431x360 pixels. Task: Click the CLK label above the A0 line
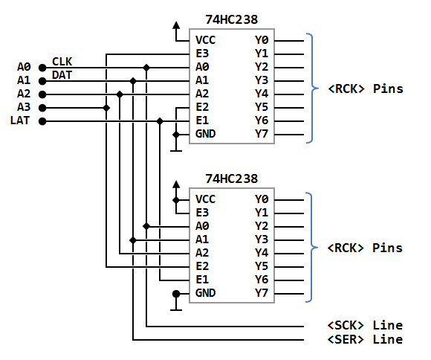(62, 62)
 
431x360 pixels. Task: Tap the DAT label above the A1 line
(62, 75)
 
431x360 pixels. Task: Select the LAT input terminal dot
(42, 121)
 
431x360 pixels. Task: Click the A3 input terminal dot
(42, 108)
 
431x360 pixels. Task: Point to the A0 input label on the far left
(24, 67)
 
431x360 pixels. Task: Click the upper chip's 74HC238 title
(231, 19)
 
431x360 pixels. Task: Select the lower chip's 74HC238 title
(231, 179)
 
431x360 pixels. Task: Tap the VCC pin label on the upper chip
(205, 40)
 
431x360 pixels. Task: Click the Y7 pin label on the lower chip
(262, 293)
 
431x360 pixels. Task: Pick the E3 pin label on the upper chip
(202, 54)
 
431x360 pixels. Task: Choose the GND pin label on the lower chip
(205, 293)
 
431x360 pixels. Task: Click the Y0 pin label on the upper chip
(262, 40)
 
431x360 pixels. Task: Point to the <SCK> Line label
(365, 325)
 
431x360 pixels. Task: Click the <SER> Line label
(365, 339)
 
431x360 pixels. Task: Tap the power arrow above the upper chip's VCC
(176, 31)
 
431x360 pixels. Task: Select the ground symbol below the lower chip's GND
(176, 302)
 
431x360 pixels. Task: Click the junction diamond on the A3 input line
(106, 108)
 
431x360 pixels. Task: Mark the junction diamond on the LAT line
(160, 121)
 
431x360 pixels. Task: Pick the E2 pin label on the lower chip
(202, 266)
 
